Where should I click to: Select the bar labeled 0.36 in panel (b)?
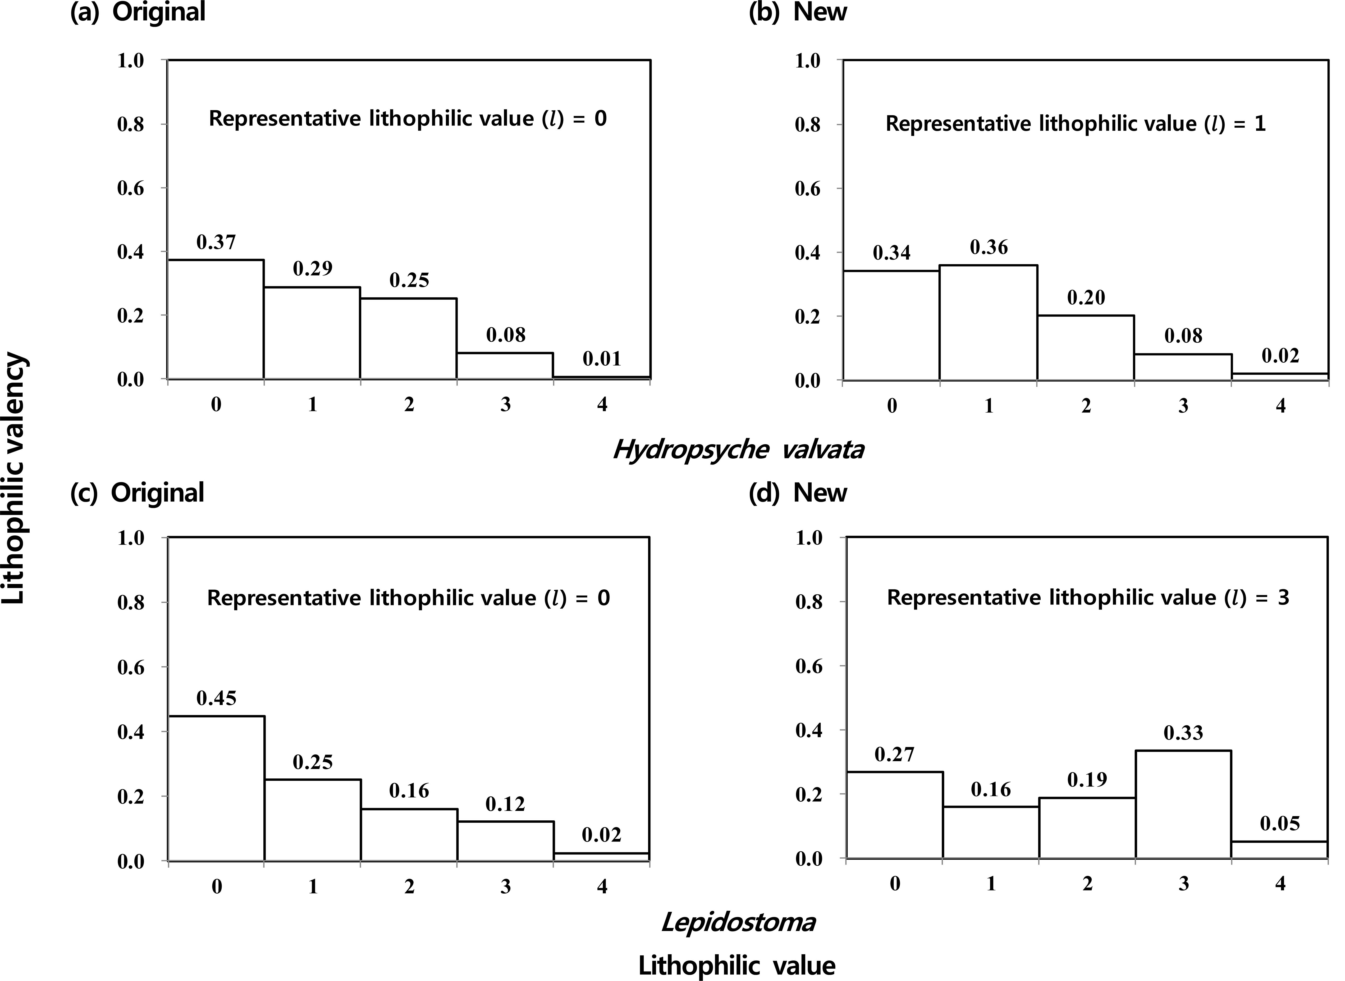pyautogui.click(x=988, y=322)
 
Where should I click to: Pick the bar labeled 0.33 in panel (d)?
pyautogui.click(x=1183, y=805)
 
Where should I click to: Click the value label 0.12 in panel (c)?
pyautogui.click(x=505, y=804)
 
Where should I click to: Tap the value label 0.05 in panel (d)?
pyautogui.click(x=1280, y=824)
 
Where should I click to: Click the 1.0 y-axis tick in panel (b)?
pyautogui.click(x=807, y=61)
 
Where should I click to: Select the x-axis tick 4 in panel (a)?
pyautogui.click(x=602, y=405)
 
